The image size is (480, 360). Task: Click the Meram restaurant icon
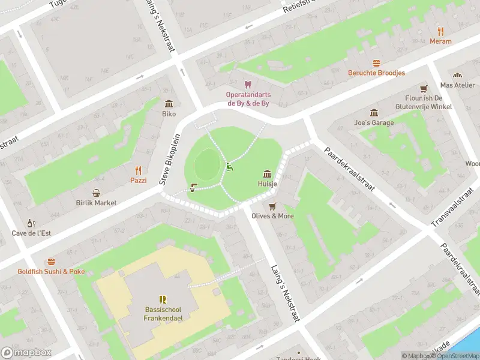(x=440, y=31)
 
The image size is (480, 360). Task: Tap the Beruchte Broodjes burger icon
(x=376, y=63)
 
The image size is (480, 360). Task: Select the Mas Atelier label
(x=457, y=85)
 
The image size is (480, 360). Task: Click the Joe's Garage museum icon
(x=374, y=113)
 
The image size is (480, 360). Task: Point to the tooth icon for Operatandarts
(x=248, y=85)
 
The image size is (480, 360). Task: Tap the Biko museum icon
(x=169, y=104)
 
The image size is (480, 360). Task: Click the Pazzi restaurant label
(x=138, y=180)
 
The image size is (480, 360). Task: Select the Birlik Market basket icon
(x=96, y=193)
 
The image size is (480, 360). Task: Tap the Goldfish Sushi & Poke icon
(x=51, y=262)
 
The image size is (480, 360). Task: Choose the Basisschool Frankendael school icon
(x=162, y=299)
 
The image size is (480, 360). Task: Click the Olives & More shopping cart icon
(x=272, y=206)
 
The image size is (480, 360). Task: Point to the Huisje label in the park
(x=267, y=184)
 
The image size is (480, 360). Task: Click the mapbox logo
(x=26, y=353)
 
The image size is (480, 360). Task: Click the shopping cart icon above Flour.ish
(x=424, y=88)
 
